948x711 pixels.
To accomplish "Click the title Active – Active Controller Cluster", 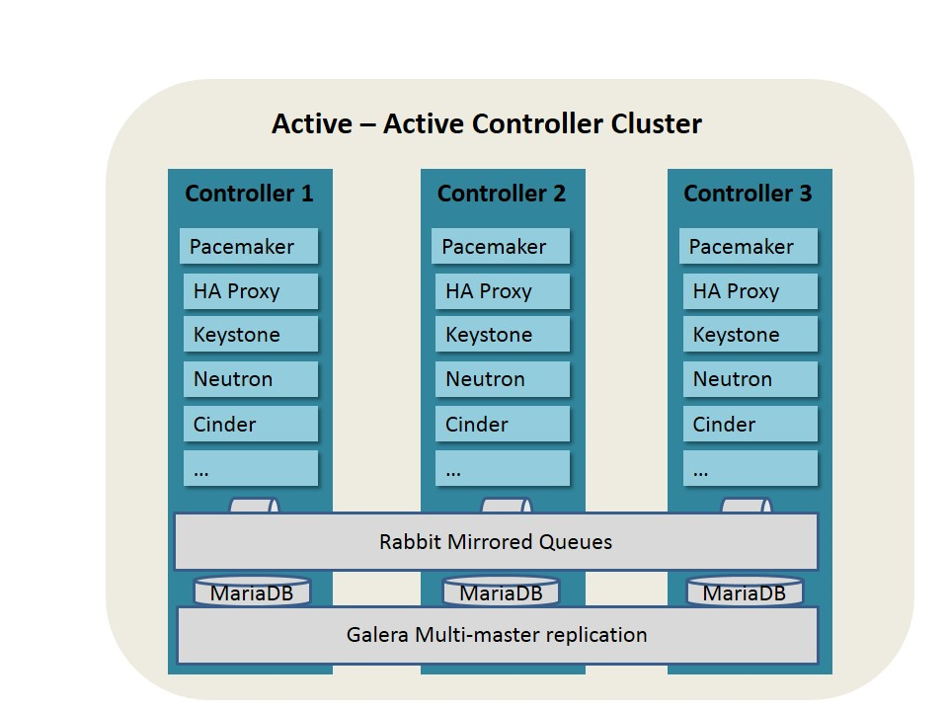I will point(486,125).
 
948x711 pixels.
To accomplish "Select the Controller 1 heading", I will point(249,194).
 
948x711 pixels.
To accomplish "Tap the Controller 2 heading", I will point(502,194).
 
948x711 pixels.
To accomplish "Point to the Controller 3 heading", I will point(748,194).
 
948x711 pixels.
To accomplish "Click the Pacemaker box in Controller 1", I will point(249,247).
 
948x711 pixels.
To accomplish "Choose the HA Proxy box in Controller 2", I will point(502,291).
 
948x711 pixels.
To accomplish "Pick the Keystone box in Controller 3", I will point(750,335).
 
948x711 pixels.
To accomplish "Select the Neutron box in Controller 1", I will point(251,379).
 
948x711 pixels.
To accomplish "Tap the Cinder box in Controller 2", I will point(502,425).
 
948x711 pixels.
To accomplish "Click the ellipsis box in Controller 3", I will point(750,469).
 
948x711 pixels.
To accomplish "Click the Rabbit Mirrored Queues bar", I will point(496,542).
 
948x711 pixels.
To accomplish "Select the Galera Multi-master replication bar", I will point(497,635).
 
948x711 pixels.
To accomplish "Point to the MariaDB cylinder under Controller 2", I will point(501,592).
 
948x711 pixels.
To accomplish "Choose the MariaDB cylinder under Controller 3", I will point(745,592).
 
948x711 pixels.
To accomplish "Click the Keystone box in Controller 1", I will point(251,335).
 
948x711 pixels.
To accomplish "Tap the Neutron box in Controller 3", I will point(750,379).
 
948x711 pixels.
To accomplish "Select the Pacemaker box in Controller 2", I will point(501,247).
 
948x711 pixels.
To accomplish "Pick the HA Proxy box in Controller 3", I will point(750,291).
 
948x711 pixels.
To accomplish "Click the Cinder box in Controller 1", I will point(251,425).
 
